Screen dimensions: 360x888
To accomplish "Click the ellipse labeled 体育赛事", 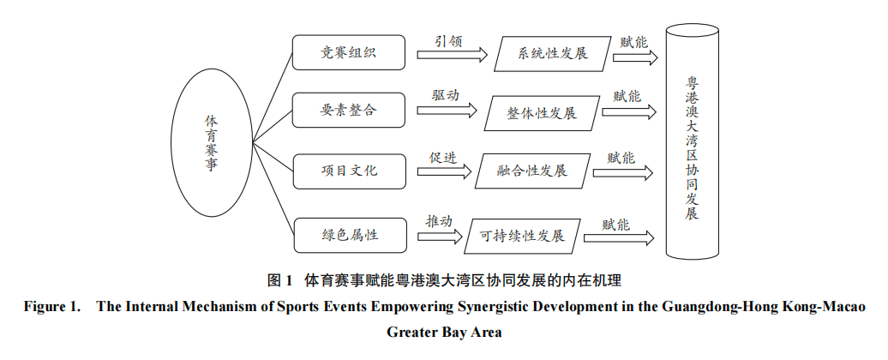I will (x=211, y=143).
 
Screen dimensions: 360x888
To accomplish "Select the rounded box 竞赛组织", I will (x=348, y=53).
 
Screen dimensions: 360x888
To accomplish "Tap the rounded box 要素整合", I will (x=348, y=111).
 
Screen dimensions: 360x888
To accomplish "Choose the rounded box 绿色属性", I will (x=348, y=234).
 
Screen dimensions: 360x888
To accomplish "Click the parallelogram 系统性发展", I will (x=552, y=54).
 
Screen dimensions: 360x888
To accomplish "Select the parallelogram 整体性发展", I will (x=542, y=112).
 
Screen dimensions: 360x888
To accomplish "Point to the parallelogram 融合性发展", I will (x=531, y=171).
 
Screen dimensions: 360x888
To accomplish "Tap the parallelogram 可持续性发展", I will (x=520, y=235).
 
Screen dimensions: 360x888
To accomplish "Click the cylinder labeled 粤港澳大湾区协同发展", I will (x=693, y=141).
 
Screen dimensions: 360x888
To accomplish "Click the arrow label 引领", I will (x=448, y=40).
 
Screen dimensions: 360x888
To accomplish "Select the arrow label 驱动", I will (x=445, y=96).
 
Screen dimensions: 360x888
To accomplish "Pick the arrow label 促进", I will (x=443, y=158).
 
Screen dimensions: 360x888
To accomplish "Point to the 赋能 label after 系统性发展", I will (x=633, y=40).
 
